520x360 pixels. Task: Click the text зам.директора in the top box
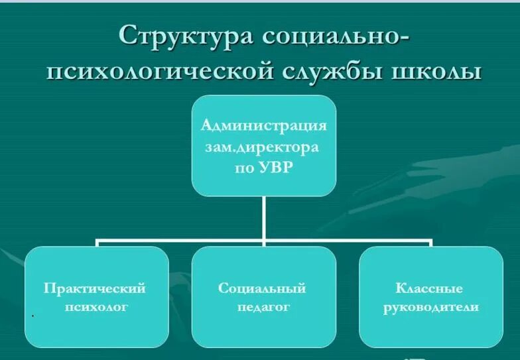click(264, 147)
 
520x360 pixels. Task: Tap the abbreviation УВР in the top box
click(277, 168)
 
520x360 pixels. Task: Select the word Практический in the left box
click(96, 288)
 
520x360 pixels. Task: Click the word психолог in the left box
click(96, 308)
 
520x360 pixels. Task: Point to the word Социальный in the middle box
click(263, 288)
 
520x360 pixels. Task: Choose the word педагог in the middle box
click(263, 308)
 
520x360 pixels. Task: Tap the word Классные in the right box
click(429, 288)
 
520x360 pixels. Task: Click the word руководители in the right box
click(430, 308)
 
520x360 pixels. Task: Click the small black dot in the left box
click(32, 317)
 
